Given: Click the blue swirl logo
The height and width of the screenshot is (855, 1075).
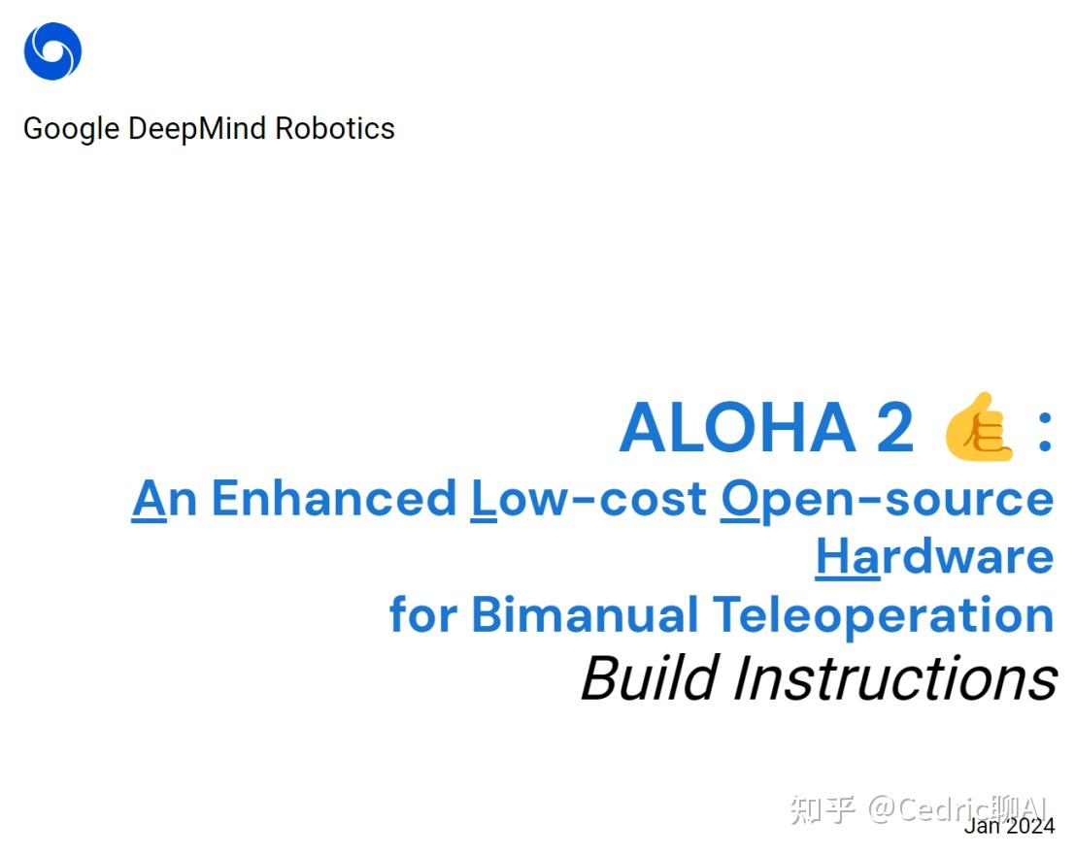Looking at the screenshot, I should click(52, 51).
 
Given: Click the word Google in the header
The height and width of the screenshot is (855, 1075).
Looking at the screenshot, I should click(72, 129).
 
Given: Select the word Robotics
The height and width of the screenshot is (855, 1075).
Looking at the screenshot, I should click(335, 129).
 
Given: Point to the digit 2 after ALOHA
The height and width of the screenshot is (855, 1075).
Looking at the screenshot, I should click(894, 428).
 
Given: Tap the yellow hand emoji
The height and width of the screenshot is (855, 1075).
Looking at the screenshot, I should click(979, 428).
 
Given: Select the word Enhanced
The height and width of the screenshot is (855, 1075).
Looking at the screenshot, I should click(334, 498).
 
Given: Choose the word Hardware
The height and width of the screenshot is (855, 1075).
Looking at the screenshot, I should click(934, 556).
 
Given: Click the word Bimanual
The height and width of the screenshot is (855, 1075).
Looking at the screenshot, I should click(585, 614).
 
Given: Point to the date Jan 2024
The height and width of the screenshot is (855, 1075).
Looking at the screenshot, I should click(1009, 826).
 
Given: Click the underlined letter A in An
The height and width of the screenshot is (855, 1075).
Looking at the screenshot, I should click(149, 498).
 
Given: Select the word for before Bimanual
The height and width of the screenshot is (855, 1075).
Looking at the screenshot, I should click(423, 614).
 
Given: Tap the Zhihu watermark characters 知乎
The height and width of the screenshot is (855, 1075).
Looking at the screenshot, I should click(822, 808).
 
